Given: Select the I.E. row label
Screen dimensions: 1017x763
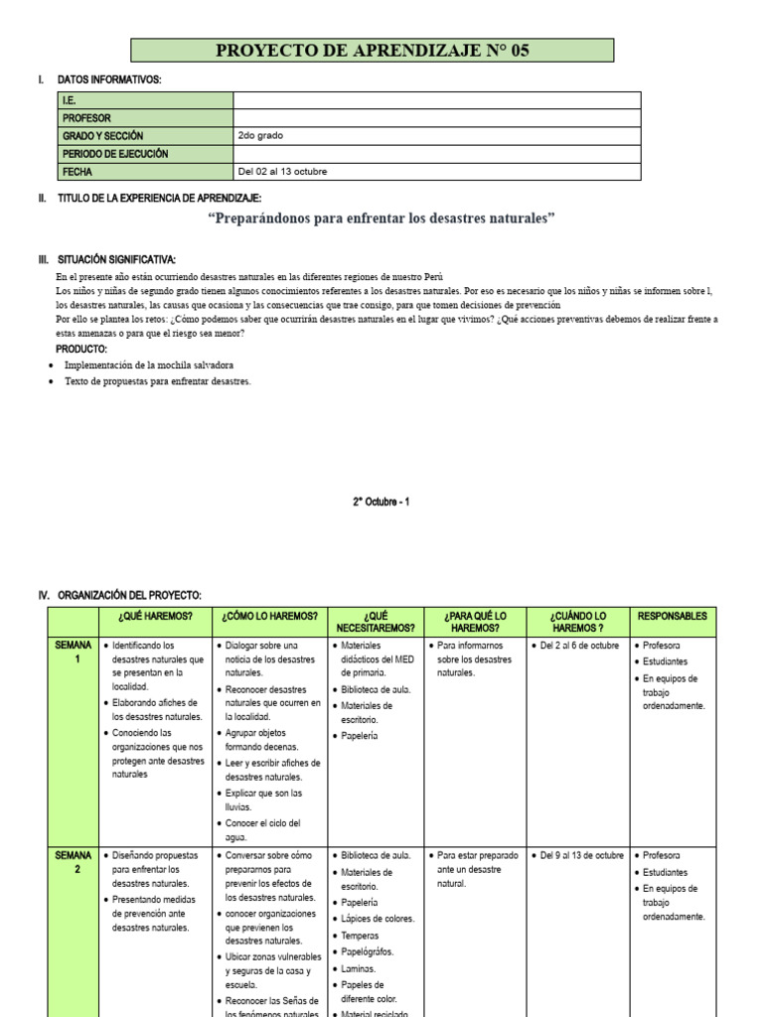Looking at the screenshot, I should (x=70, y=100).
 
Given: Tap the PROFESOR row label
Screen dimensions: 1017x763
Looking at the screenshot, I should (x=86, y=118).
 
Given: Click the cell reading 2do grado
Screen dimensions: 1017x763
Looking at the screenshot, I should (x=267, y=136).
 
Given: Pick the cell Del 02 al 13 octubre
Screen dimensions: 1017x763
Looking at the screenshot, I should (x=282, y=172).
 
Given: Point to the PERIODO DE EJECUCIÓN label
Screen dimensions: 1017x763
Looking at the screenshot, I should (x=115, y=154).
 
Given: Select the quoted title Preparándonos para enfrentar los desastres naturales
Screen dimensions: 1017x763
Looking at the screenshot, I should (x=381, y=218).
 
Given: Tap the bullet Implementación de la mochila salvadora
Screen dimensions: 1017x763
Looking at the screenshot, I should (x=149, y=364).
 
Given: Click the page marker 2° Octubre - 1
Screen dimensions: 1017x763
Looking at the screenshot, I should (x=381, y=502).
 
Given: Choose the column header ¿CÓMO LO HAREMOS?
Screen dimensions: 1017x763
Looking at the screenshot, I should (x=269, y=616).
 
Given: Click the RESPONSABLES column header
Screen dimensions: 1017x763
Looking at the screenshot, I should (x=673, y=616).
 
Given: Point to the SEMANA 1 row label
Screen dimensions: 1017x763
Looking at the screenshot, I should (x=74, y=652).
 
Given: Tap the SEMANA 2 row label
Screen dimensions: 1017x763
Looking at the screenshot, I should (x=74, y=862).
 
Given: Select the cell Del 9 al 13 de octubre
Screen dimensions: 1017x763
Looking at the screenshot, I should (x=581, y=855).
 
